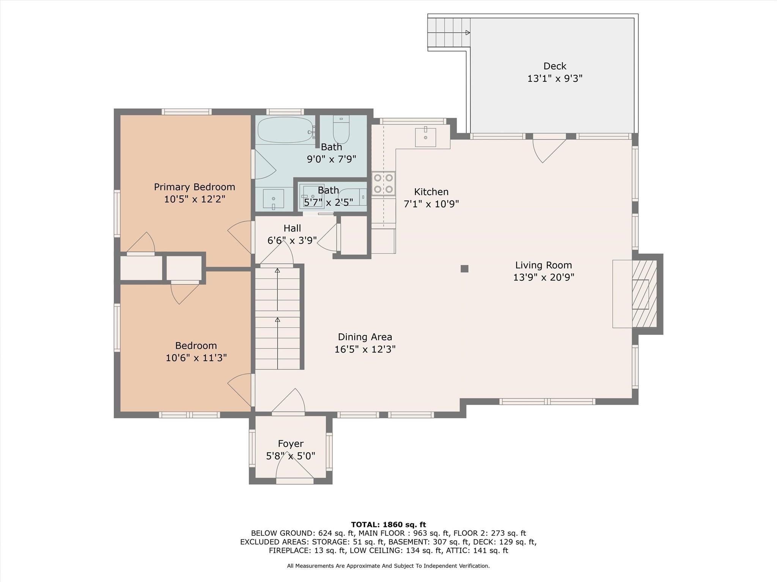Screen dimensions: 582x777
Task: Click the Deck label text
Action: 555,66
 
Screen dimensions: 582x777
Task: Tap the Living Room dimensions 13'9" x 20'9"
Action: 543,277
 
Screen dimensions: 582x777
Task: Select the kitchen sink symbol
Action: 425,137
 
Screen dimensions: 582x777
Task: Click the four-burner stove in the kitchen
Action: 383,183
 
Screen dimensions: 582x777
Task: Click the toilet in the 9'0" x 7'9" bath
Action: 341,129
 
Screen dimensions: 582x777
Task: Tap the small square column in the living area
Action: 464,269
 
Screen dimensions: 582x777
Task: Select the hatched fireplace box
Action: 644,294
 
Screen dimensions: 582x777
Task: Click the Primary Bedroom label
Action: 194,187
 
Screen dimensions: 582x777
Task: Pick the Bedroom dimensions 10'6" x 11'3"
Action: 196,358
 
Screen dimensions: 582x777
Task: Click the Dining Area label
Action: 365,337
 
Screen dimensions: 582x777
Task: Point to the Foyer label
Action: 291,444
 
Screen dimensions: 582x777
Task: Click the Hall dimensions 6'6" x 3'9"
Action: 292,241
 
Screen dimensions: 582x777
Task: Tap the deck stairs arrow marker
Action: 468,33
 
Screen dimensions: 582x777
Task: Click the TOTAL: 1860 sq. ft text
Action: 388,525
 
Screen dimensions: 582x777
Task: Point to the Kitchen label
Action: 431,192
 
